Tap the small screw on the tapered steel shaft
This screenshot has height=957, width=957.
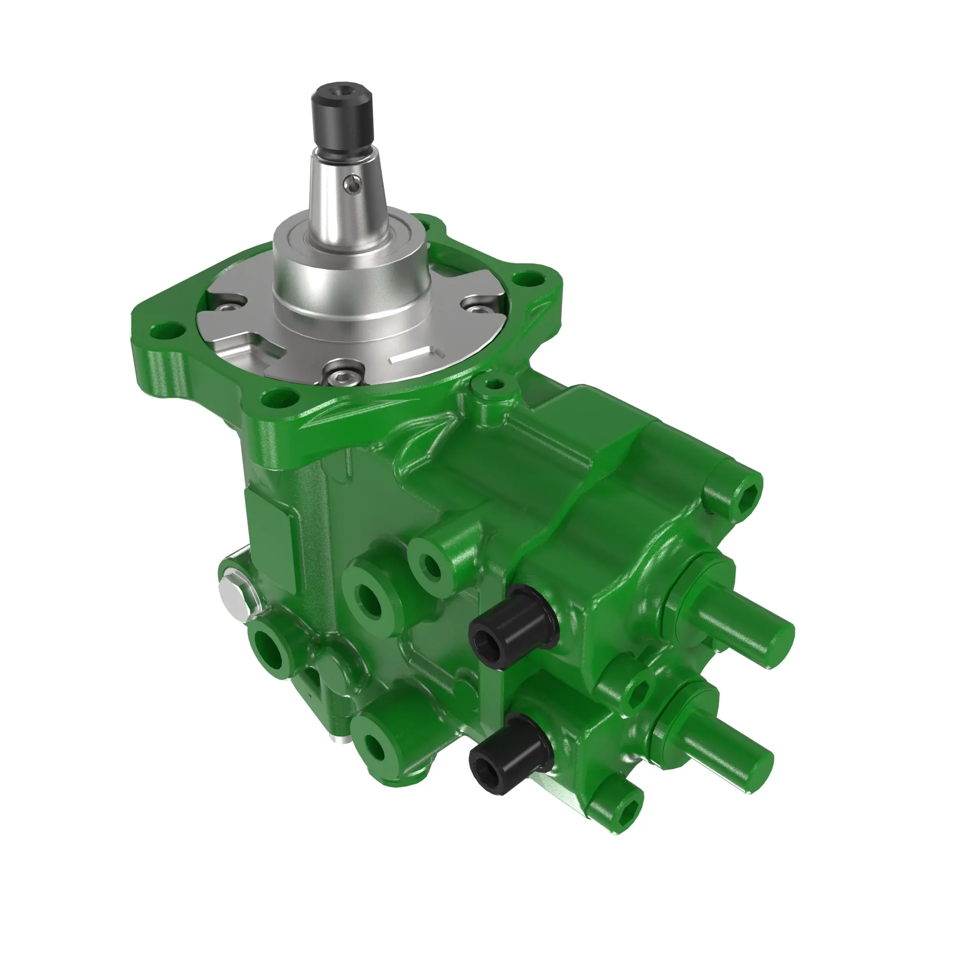351,184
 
